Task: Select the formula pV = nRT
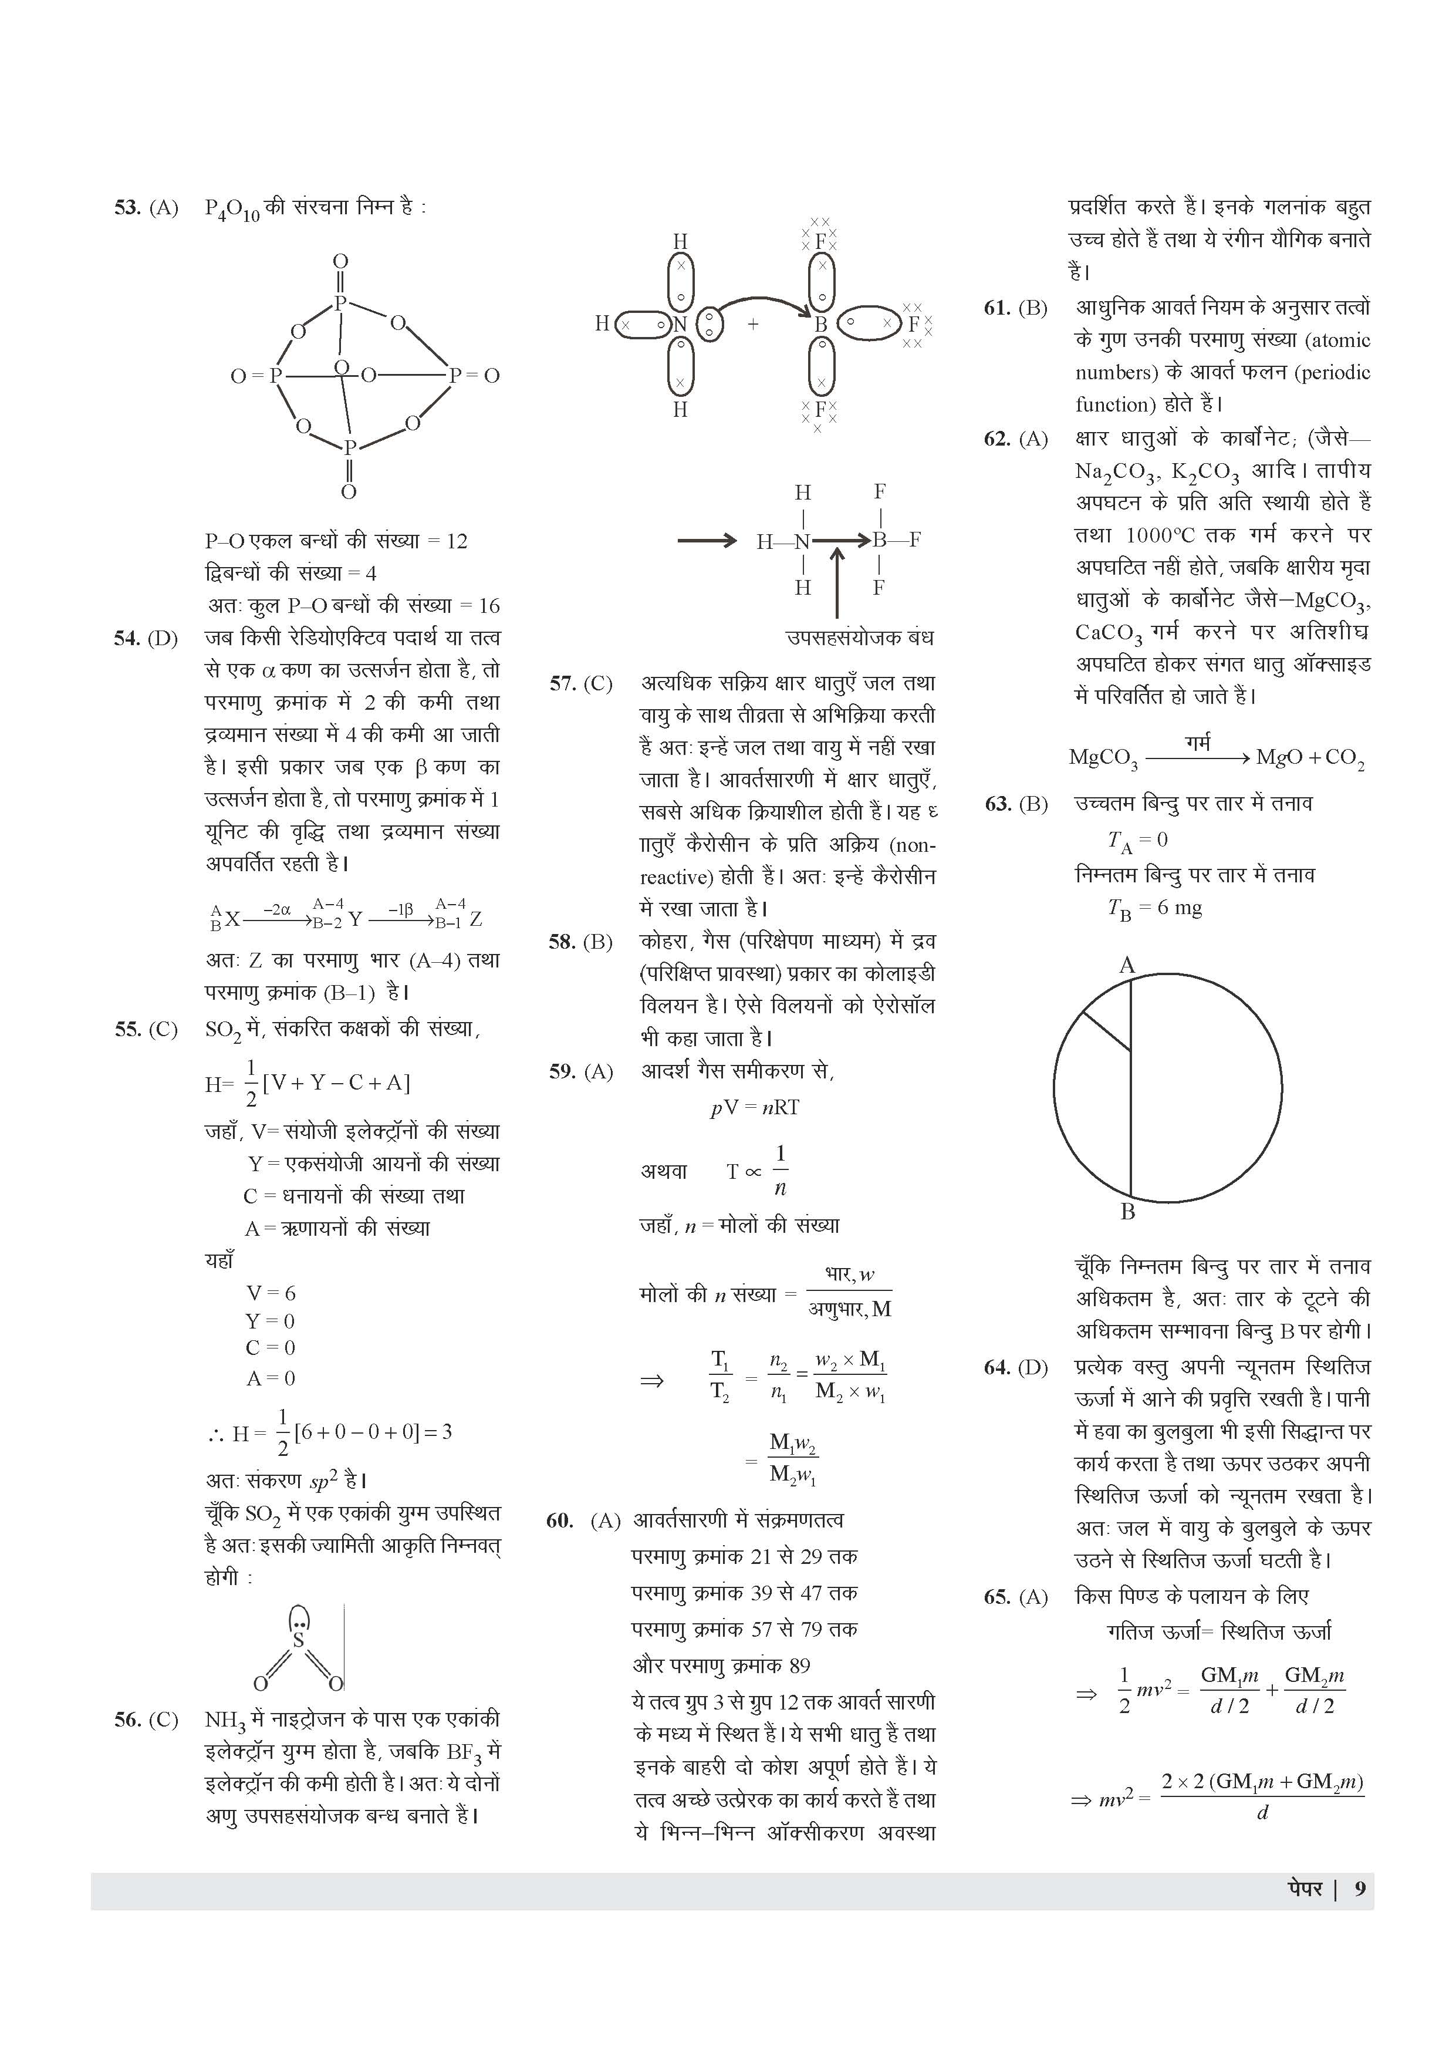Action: click(x=755, y=1107)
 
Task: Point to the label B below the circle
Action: click(x=1128, y=1212)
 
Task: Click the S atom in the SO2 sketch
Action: click(x=299, y=1639)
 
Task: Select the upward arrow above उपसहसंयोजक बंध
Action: click(x=837, y=583)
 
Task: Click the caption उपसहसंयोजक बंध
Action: click(x=859, y=638)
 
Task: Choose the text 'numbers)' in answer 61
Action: click(x=1114, y=372)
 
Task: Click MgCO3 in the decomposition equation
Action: click(x=1103, y=758)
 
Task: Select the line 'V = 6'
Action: click(x=270, y=1293)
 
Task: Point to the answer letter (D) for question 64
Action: click(x=1032, y=1367)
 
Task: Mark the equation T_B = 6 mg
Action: click(x=1154, y=908)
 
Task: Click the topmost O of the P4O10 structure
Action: click(x=340, y=261)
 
